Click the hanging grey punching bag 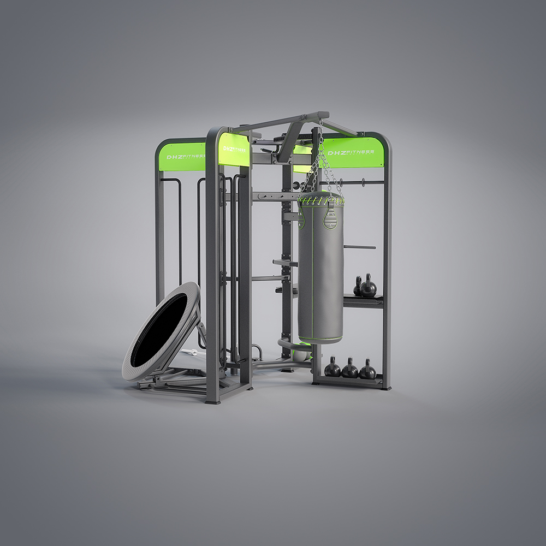pyautogui.click(x=321, y=268)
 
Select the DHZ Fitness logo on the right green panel pyautogui.click(x=351, y=152)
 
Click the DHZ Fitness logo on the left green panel pyautogui.click(x=186, y=157)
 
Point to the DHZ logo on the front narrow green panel pyautogui.click(x=234, y=149)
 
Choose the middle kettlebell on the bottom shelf pyautogui.click(x=349, y=369)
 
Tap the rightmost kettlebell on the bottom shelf pyautogui.click(x=367, y=370)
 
